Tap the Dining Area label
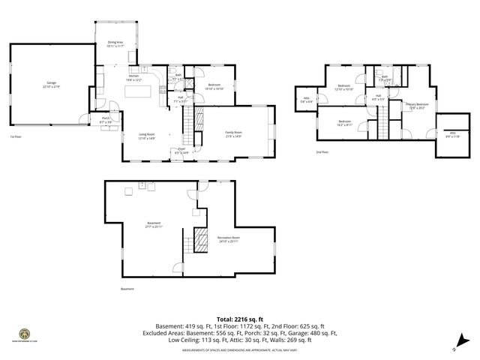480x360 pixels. tap(115, 44)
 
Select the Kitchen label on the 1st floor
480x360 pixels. tap(133, 77)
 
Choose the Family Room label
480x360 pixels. tap(233, 134)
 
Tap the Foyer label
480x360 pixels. tap(181, 151)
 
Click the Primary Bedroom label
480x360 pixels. tap(416, 106)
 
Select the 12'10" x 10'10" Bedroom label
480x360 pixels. tap(344, 87)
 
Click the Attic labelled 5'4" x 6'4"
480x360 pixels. tap(307, 100)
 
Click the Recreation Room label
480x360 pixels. tap(229, 239)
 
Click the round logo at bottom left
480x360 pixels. tap(25, 334)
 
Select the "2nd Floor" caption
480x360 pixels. tap(322, 152)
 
